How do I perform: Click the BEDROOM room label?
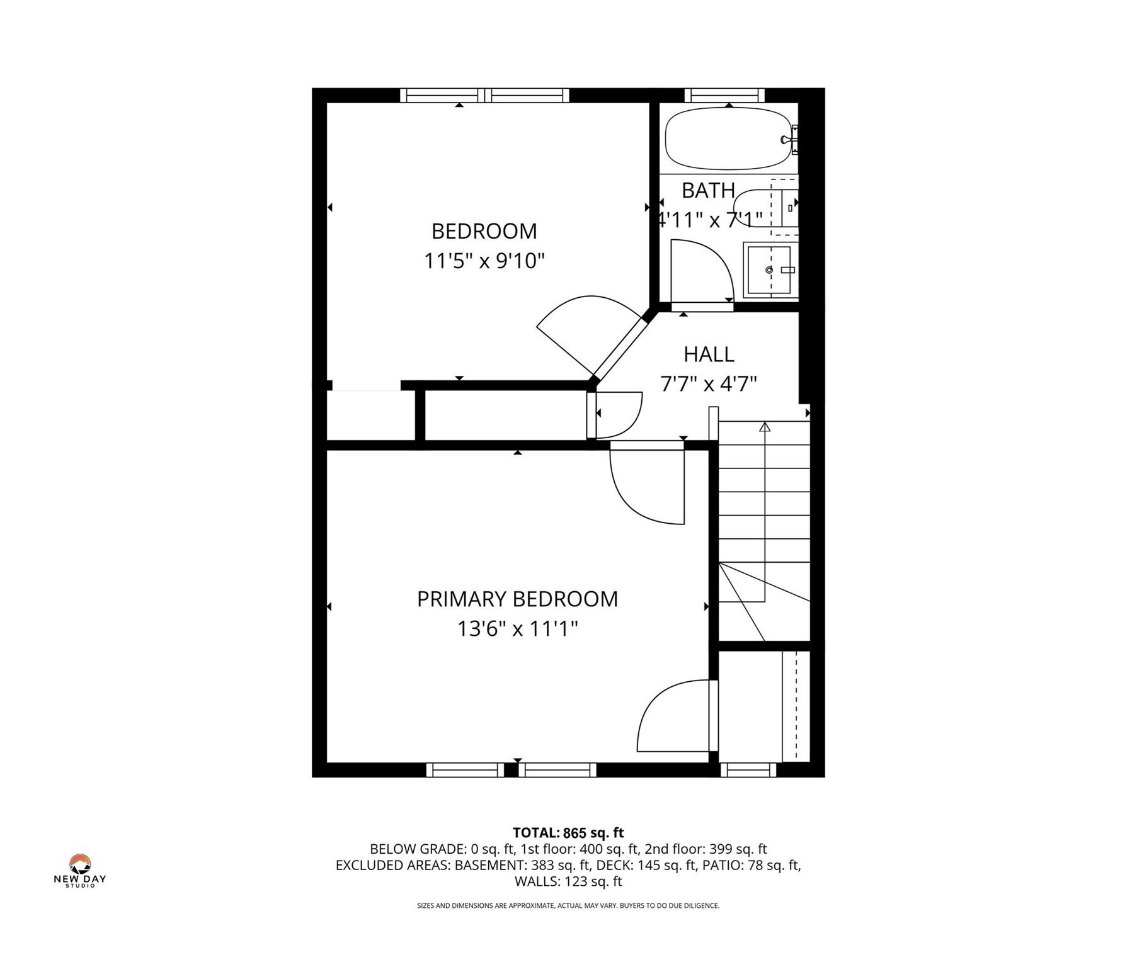point(484,231)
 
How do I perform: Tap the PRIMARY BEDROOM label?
point(517,599)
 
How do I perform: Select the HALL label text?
point(709,354)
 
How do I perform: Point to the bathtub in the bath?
point(727,139)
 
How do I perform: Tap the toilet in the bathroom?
point(765,208)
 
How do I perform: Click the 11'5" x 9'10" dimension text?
point(484,261)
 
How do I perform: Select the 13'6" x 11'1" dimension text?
point(517,628)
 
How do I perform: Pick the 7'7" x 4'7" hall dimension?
point(709,383)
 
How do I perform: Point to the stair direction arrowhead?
point(765,427)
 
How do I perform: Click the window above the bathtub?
point(724,95)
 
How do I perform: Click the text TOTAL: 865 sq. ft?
point(568,833)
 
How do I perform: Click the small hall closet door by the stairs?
point(617,415)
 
